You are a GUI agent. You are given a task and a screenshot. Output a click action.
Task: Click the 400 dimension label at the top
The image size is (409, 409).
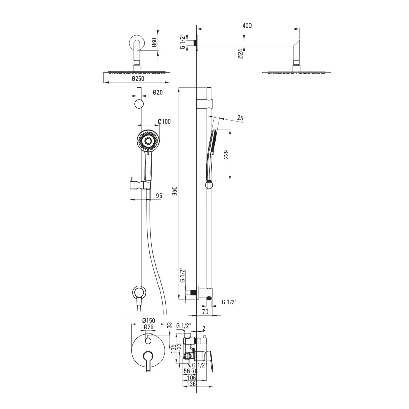(x=247, y=26)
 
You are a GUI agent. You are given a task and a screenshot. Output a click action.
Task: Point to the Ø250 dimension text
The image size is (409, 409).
(x=138, y=78)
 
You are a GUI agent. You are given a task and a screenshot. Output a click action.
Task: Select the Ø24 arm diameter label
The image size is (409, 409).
(x=240, y=54)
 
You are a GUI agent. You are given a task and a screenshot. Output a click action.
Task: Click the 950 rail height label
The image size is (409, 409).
(x=174, y=191)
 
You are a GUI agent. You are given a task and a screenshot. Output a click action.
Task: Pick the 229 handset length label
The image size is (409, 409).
(x=226, y=154)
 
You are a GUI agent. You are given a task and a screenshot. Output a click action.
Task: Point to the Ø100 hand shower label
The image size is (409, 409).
(x=164, y=122)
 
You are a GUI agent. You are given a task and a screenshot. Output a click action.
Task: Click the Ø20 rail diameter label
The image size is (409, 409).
(x=157, y=92)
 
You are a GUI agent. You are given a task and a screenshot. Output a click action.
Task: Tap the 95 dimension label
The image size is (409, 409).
(x=159, y=196)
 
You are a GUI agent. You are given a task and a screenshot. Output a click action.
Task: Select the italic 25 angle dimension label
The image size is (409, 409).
(x=240, y=118)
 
